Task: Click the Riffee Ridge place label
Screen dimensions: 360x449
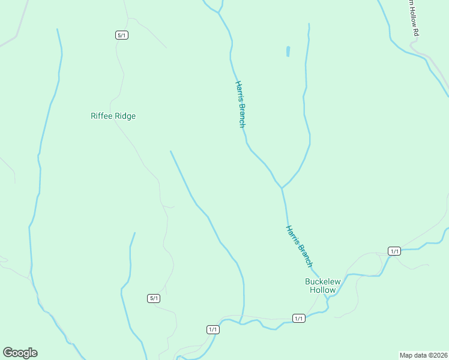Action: coord(113,116)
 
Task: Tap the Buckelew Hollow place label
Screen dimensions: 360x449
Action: coord(322,286)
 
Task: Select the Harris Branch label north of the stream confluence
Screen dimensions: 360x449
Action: coord(240,104)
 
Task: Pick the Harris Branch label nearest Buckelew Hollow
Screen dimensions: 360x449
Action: coord(299,246)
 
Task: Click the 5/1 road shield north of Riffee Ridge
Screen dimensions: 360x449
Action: coord(122,35)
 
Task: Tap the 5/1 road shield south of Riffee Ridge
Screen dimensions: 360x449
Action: coord(154,298)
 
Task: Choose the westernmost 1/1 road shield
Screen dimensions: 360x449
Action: coord(212,329)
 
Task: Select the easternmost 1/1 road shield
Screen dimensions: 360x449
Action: coord(394,251)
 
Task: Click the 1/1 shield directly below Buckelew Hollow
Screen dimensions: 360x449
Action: coord(299,318)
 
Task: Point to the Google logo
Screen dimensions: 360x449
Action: coord(20,353)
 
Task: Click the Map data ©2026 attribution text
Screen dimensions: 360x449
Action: coord(424,355)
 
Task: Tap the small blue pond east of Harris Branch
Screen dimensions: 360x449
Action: coord(288,52)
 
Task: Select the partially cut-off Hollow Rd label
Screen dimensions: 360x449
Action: coord(411,18)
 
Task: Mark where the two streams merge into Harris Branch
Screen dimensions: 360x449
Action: coord(282,188)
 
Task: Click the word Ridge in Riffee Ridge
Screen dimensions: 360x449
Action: coord(125,116)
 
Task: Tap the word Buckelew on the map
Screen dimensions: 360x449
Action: coord(322,281)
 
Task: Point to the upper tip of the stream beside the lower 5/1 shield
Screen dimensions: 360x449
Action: coord(134,233)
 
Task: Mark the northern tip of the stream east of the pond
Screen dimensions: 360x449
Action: coord(309,24)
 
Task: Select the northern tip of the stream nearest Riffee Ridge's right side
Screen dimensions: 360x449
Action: coord(170,151)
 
